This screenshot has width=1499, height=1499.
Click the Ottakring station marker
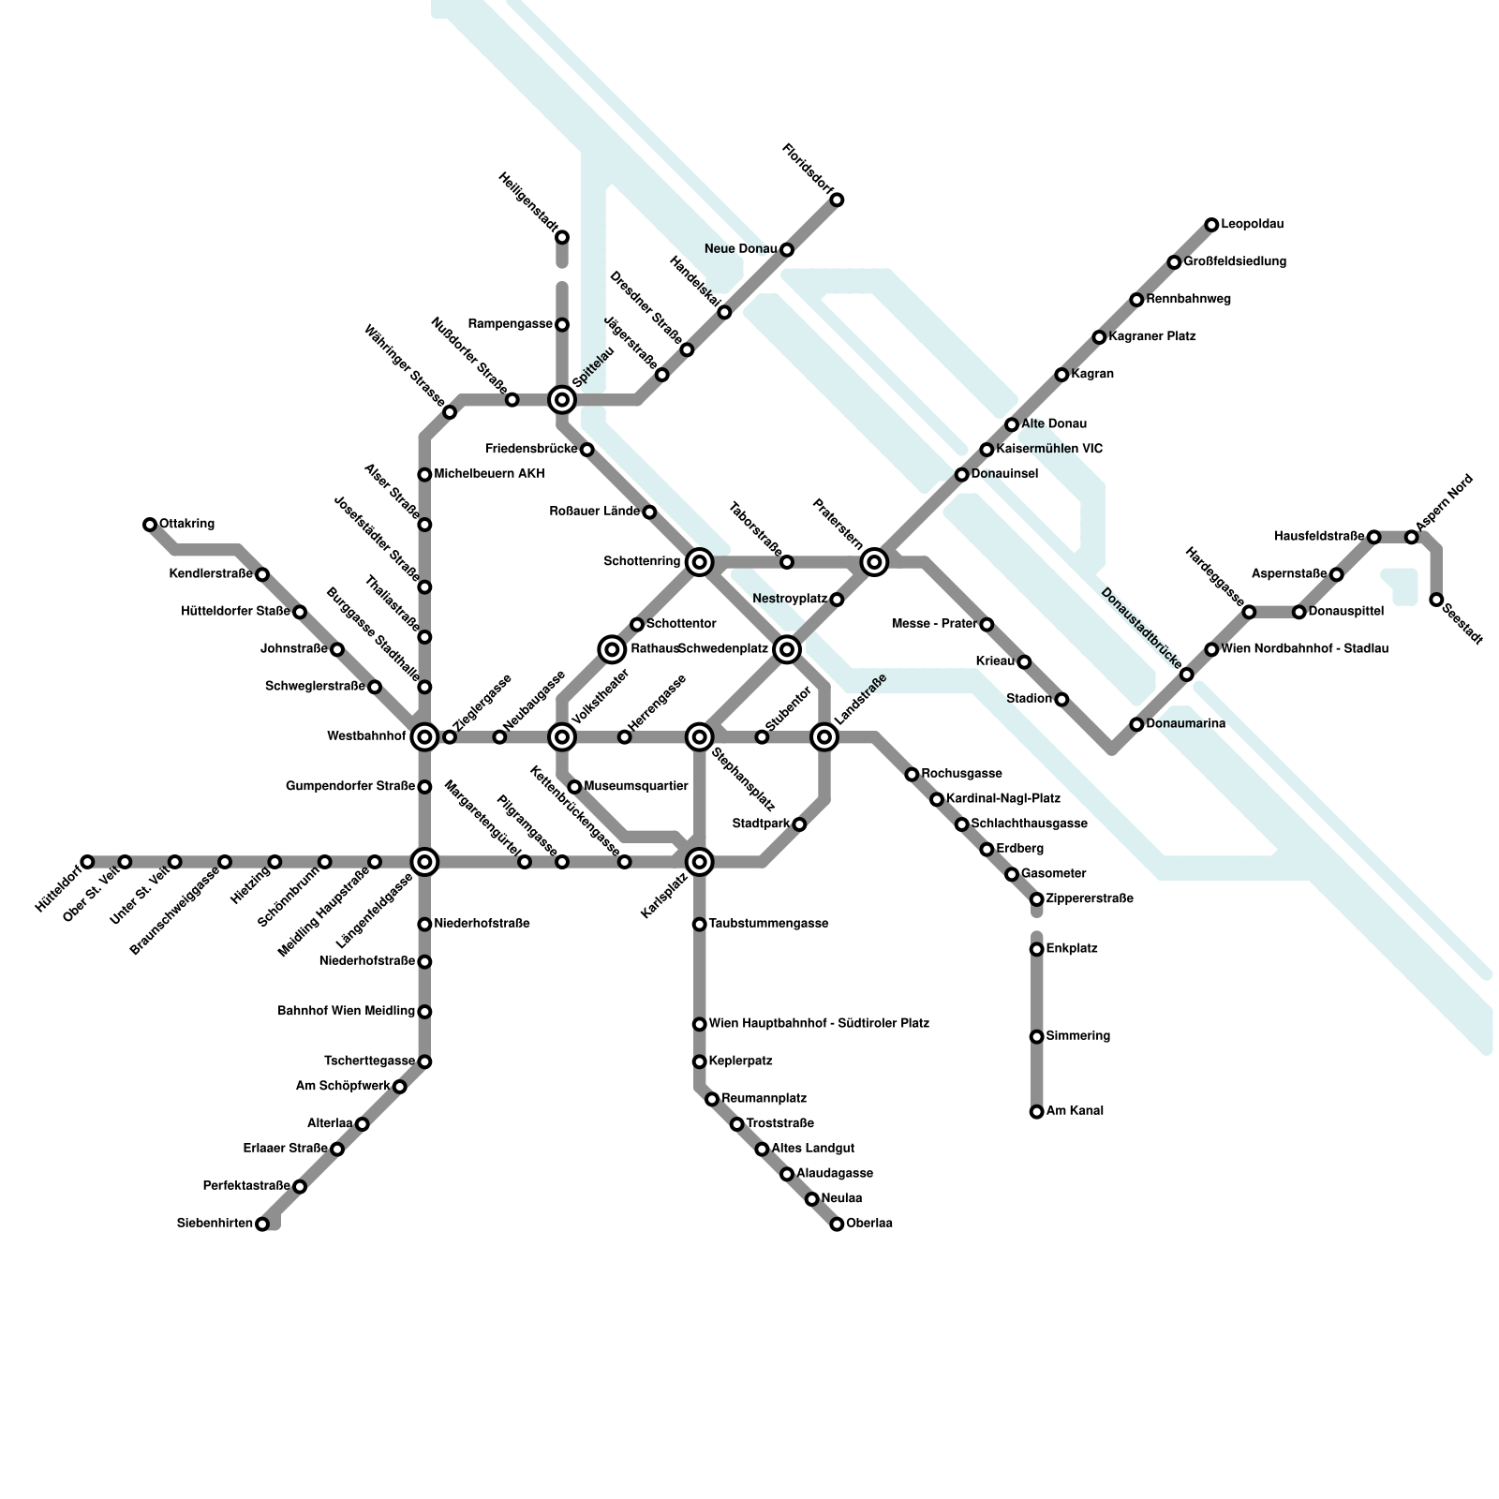pyautogui.click(x=150, y=525)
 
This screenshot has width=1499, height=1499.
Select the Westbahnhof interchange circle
pyautogui.click(x=424, y=737)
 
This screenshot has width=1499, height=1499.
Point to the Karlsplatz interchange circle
pyautogui.click(x=699, y=861)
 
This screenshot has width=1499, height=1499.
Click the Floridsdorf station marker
pyautogui.click(x=837, y=200)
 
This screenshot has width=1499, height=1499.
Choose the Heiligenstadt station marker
pyautogui.click(x=562, y=237)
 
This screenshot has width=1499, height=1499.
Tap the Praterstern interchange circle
pyautogui.click(x=874, y=562)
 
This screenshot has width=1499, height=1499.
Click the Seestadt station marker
pyautogui.click(x=1436, y=600)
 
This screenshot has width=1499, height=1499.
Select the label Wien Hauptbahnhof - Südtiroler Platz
pyautogui.click(x=819, y=1023)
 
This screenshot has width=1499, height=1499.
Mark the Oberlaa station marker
pyautogui.click(x=837, y=1224)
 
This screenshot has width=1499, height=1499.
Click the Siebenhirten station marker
pyautogui.click(x=262, y=1224)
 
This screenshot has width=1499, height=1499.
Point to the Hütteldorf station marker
pyautogui.click(x=87, y=862)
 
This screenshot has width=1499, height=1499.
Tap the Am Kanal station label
pyautogui.click(x=1075, y=1111)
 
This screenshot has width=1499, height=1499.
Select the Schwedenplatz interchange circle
pyautogui.click(x=787, y=649)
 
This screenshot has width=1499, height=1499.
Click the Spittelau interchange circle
pyautogui.click(x=562, y=400)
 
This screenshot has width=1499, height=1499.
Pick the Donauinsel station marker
pyautogui.click(x=961, y=475)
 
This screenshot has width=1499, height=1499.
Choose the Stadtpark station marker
pyautogui.click(x=799, y=824)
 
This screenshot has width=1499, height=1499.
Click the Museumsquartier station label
pyautogui.click(x=636, y=786)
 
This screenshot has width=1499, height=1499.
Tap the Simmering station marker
pyautogui.click(x=1036, y=1037)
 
